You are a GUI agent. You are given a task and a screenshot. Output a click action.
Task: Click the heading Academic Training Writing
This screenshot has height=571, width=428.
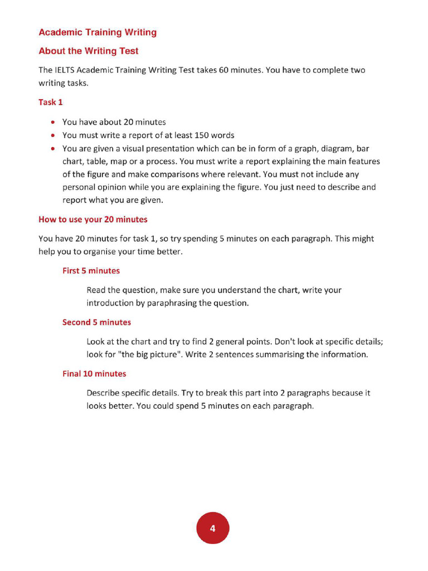[98, 32]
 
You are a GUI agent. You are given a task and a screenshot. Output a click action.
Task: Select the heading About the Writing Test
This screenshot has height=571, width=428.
[89, 51]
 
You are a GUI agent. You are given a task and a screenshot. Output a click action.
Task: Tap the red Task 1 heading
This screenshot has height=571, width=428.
[51, 102]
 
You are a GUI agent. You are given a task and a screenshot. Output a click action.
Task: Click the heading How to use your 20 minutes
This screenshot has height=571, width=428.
[93, 219]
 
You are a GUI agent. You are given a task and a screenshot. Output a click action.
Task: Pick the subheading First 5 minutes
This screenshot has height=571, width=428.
[91, 270]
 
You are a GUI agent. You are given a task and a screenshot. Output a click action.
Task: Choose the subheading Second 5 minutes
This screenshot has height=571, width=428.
[96, 322]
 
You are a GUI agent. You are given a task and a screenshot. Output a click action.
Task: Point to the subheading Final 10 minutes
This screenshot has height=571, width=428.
[94, 374]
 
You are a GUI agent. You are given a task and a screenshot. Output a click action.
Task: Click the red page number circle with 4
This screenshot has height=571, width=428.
[212, 528]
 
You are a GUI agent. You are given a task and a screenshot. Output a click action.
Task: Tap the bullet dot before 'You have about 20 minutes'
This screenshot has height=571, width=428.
[52, 122]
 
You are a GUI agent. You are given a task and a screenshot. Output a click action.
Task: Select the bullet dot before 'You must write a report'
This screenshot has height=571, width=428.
[52, 136]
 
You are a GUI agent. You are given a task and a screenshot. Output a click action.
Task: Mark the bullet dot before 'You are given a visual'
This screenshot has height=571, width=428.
[52, 149]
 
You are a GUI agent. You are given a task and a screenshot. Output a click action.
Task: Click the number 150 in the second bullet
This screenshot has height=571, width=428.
[202, 136]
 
